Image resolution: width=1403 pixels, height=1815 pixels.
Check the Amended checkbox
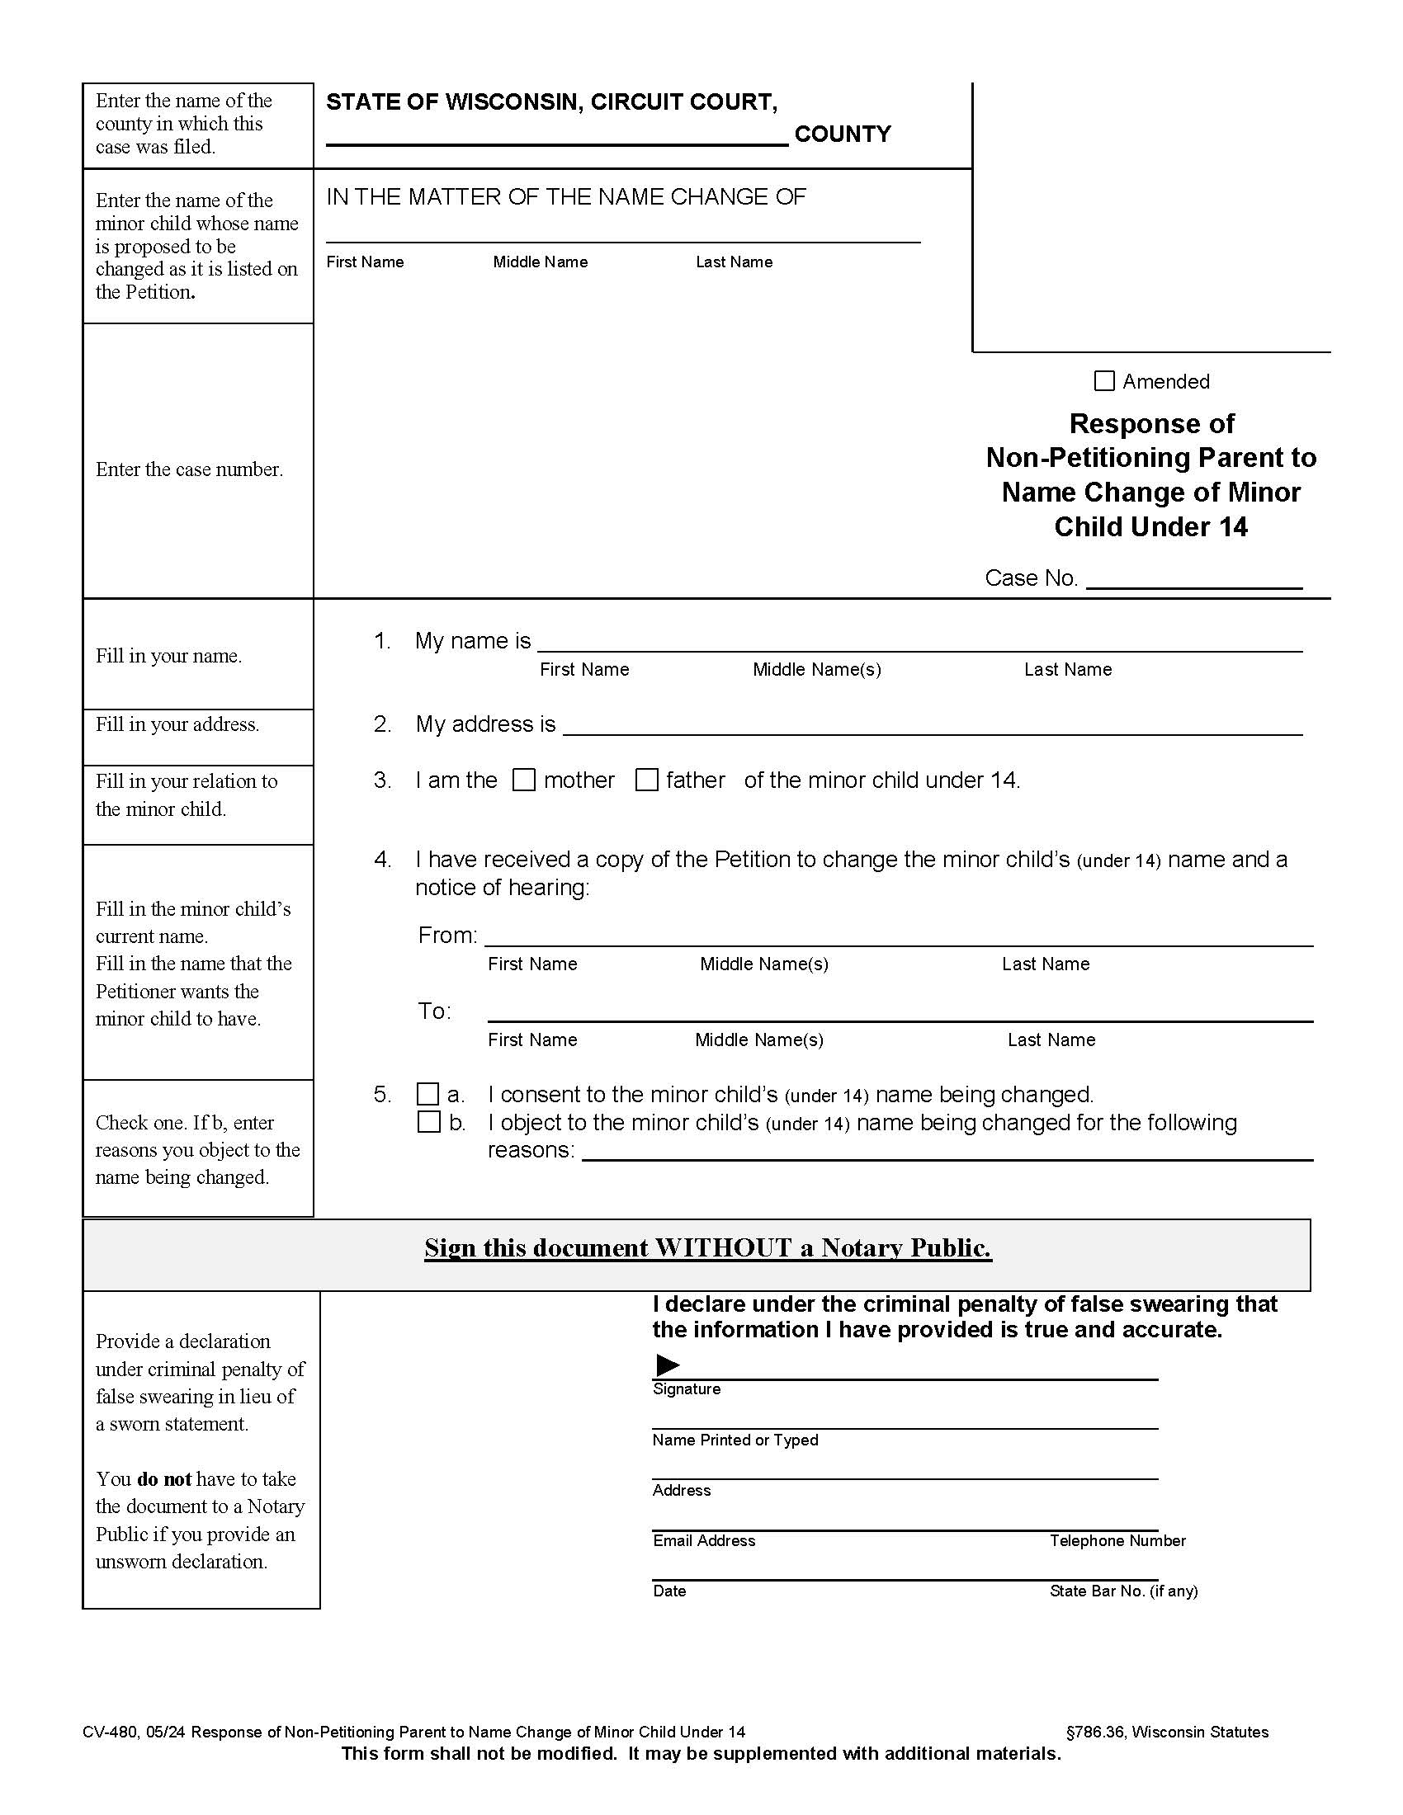1103,380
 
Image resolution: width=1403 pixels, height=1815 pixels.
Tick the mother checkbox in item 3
523,780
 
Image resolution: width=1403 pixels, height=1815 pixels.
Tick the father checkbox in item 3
647,780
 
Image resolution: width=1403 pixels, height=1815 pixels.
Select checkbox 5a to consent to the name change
428,1094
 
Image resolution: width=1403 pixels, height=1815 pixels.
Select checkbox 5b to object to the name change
428,1122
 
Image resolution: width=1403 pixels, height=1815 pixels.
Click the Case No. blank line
1193,578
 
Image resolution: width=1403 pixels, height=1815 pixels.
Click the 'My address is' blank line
931,725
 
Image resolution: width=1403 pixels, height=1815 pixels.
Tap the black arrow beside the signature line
668,1365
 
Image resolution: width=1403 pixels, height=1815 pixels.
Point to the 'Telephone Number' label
1117,1541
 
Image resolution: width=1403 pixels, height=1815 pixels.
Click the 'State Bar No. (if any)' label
1123,1591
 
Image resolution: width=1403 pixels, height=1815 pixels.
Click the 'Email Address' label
704,1541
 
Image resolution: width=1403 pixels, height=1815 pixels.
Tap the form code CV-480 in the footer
111,1732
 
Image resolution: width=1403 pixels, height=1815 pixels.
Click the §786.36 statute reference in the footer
1094,1732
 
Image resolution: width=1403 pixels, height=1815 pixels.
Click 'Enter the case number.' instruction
189,469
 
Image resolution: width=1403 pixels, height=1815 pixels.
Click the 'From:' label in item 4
447,936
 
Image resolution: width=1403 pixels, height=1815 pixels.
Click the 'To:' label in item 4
434,1011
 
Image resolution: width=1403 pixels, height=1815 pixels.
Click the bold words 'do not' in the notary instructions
163,1479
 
